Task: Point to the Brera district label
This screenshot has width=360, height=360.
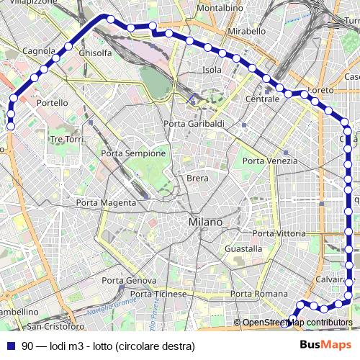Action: (197, 178)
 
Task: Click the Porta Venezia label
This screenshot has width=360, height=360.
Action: (270, 161)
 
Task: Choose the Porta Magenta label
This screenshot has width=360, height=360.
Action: (106, 203)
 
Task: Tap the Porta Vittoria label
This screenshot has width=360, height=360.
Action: (279, 234)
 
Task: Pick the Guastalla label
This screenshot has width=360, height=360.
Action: (243, 248)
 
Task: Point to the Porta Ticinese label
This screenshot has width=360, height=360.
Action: (158, 294)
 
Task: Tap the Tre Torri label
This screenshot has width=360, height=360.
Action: (68, 139)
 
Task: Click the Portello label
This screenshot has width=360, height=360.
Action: (53, 103)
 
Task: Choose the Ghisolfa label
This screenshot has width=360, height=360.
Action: (95, 53)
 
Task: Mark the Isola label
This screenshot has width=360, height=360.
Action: (212, 70)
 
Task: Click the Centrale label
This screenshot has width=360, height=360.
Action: (262, 99)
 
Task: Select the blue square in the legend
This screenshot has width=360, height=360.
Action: (10, 346)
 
